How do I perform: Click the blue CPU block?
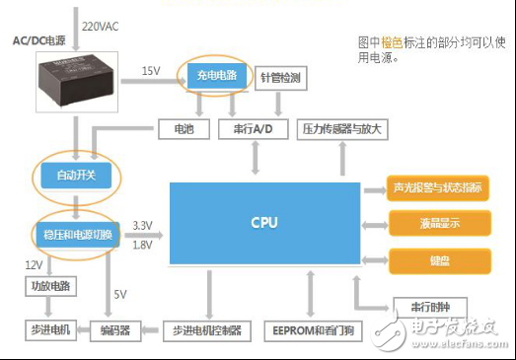click(263, 224)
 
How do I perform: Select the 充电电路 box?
click(217, 75)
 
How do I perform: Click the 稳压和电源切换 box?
click(79, 235)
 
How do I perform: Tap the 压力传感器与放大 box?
click(342, 129)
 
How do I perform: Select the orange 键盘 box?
click(438, 260)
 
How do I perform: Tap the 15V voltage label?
click(150, 70)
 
